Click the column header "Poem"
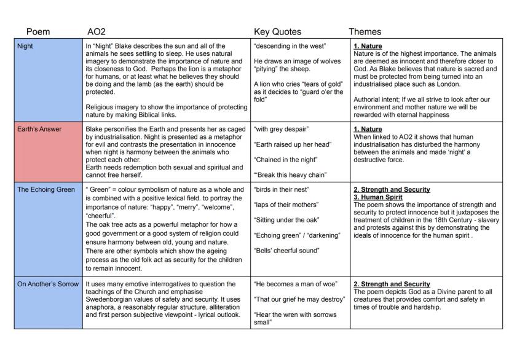tap(38, 31)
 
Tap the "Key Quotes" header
tap(276, 31)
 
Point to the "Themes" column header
tap(365, 31)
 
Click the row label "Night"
tap(27, 46)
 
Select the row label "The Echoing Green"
tap(45, 189)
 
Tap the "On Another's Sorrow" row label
tap(49, 284)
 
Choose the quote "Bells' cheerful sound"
tap(286, 250)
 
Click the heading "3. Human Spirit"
tap(378, 197)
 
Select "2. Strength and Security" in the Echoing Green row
tap(392, 189)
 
